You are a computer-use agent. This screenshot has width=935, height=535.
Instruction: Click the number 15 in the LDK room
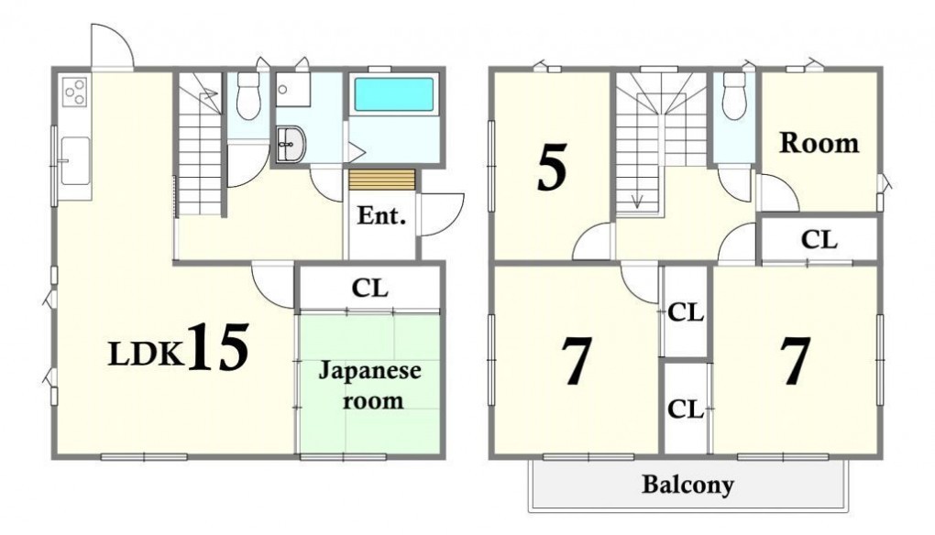[219, 346]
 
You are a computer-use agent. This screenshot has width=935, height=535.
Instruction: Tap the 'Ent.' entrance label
[381, 215]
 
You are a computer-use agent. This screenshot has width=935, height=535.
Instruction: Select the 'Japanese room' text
[370, 386]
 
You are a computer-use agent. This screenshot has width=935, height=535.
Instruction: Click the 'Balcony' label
[687, 485]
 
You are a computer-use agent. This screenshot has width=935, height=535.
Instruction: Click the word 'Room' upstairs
[819, 143]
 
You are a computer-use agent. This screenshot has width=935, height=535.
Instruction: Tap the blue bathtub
[394, 94]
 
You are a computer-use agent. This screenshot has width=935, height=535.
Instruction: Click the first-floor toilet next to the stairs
[248, 96]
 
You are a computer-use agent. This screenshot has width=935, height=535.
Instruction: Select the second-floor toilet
[734, 96]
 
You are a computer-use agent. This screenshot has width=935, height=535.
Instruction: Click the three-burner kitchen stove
[75, 93]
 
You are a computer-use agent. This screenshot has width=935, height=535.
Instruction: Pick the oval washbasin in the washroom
[291, 144]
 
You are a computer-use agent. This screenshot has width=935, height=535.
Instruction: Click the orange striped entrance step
[381, 180]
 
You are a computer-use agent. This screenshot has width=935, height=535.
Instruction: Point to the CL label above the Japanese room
[369, 289]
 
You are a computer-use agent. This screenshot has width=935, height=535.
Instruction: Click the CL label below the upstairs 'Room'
[819, 239]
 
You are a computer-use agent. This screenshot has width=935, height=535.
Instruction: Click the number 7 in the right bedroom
[797, 361]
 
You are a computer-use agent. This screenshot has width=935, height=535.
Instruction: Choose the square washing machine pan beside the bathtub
[292, 90]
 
